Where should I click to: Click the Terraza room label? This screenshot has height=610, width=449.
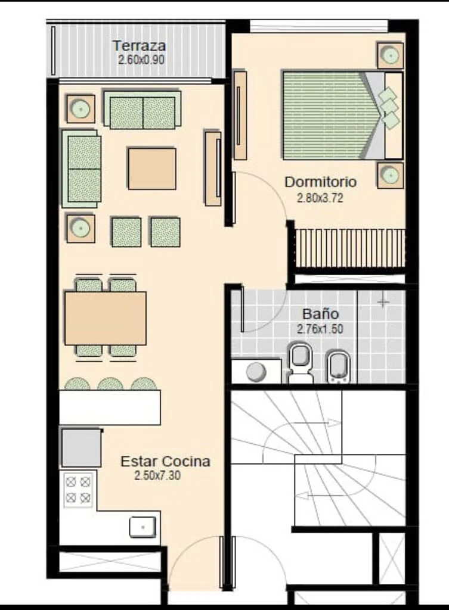coord(139,46)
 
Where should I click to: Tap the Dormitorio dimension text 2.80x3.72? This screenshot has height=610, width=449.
coord(320,198)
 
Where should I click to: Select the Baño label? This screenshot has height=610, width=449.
coord(320,314)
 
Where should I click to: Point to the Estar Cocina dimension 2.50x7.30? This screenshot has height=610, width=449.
coord(157,475)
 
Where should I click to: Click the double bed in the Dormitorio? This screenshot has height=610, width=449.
coord(343,115)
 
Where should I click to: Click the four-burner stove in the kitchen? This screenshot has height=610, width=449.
coord(78,490)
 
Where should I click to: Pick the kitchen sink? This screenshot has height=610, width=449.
coord(143,528)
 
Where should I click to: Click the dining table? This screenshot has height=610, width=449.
coord(106,318)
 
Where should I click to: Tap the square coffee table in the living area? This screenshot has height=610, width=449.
coord(152,169)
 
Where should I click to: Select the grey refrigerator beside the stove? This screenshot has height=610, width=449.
coord(81,447)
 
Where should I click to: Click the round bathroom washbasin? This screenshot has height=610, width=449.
coord(256,371)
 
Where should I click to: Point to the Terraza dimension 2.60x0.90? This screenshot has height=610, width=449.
coord(141,60)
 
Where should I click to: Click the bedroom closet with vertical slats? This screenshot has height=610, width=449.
coord(349,248)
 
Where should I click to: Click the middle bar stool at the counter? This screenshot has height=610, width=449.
coord(110,384)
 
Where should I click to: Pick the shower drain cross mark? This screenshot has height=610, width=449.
coord(383,301)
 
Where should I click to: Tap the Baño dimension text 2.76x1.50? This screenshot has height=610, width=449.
coord(320,329)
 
